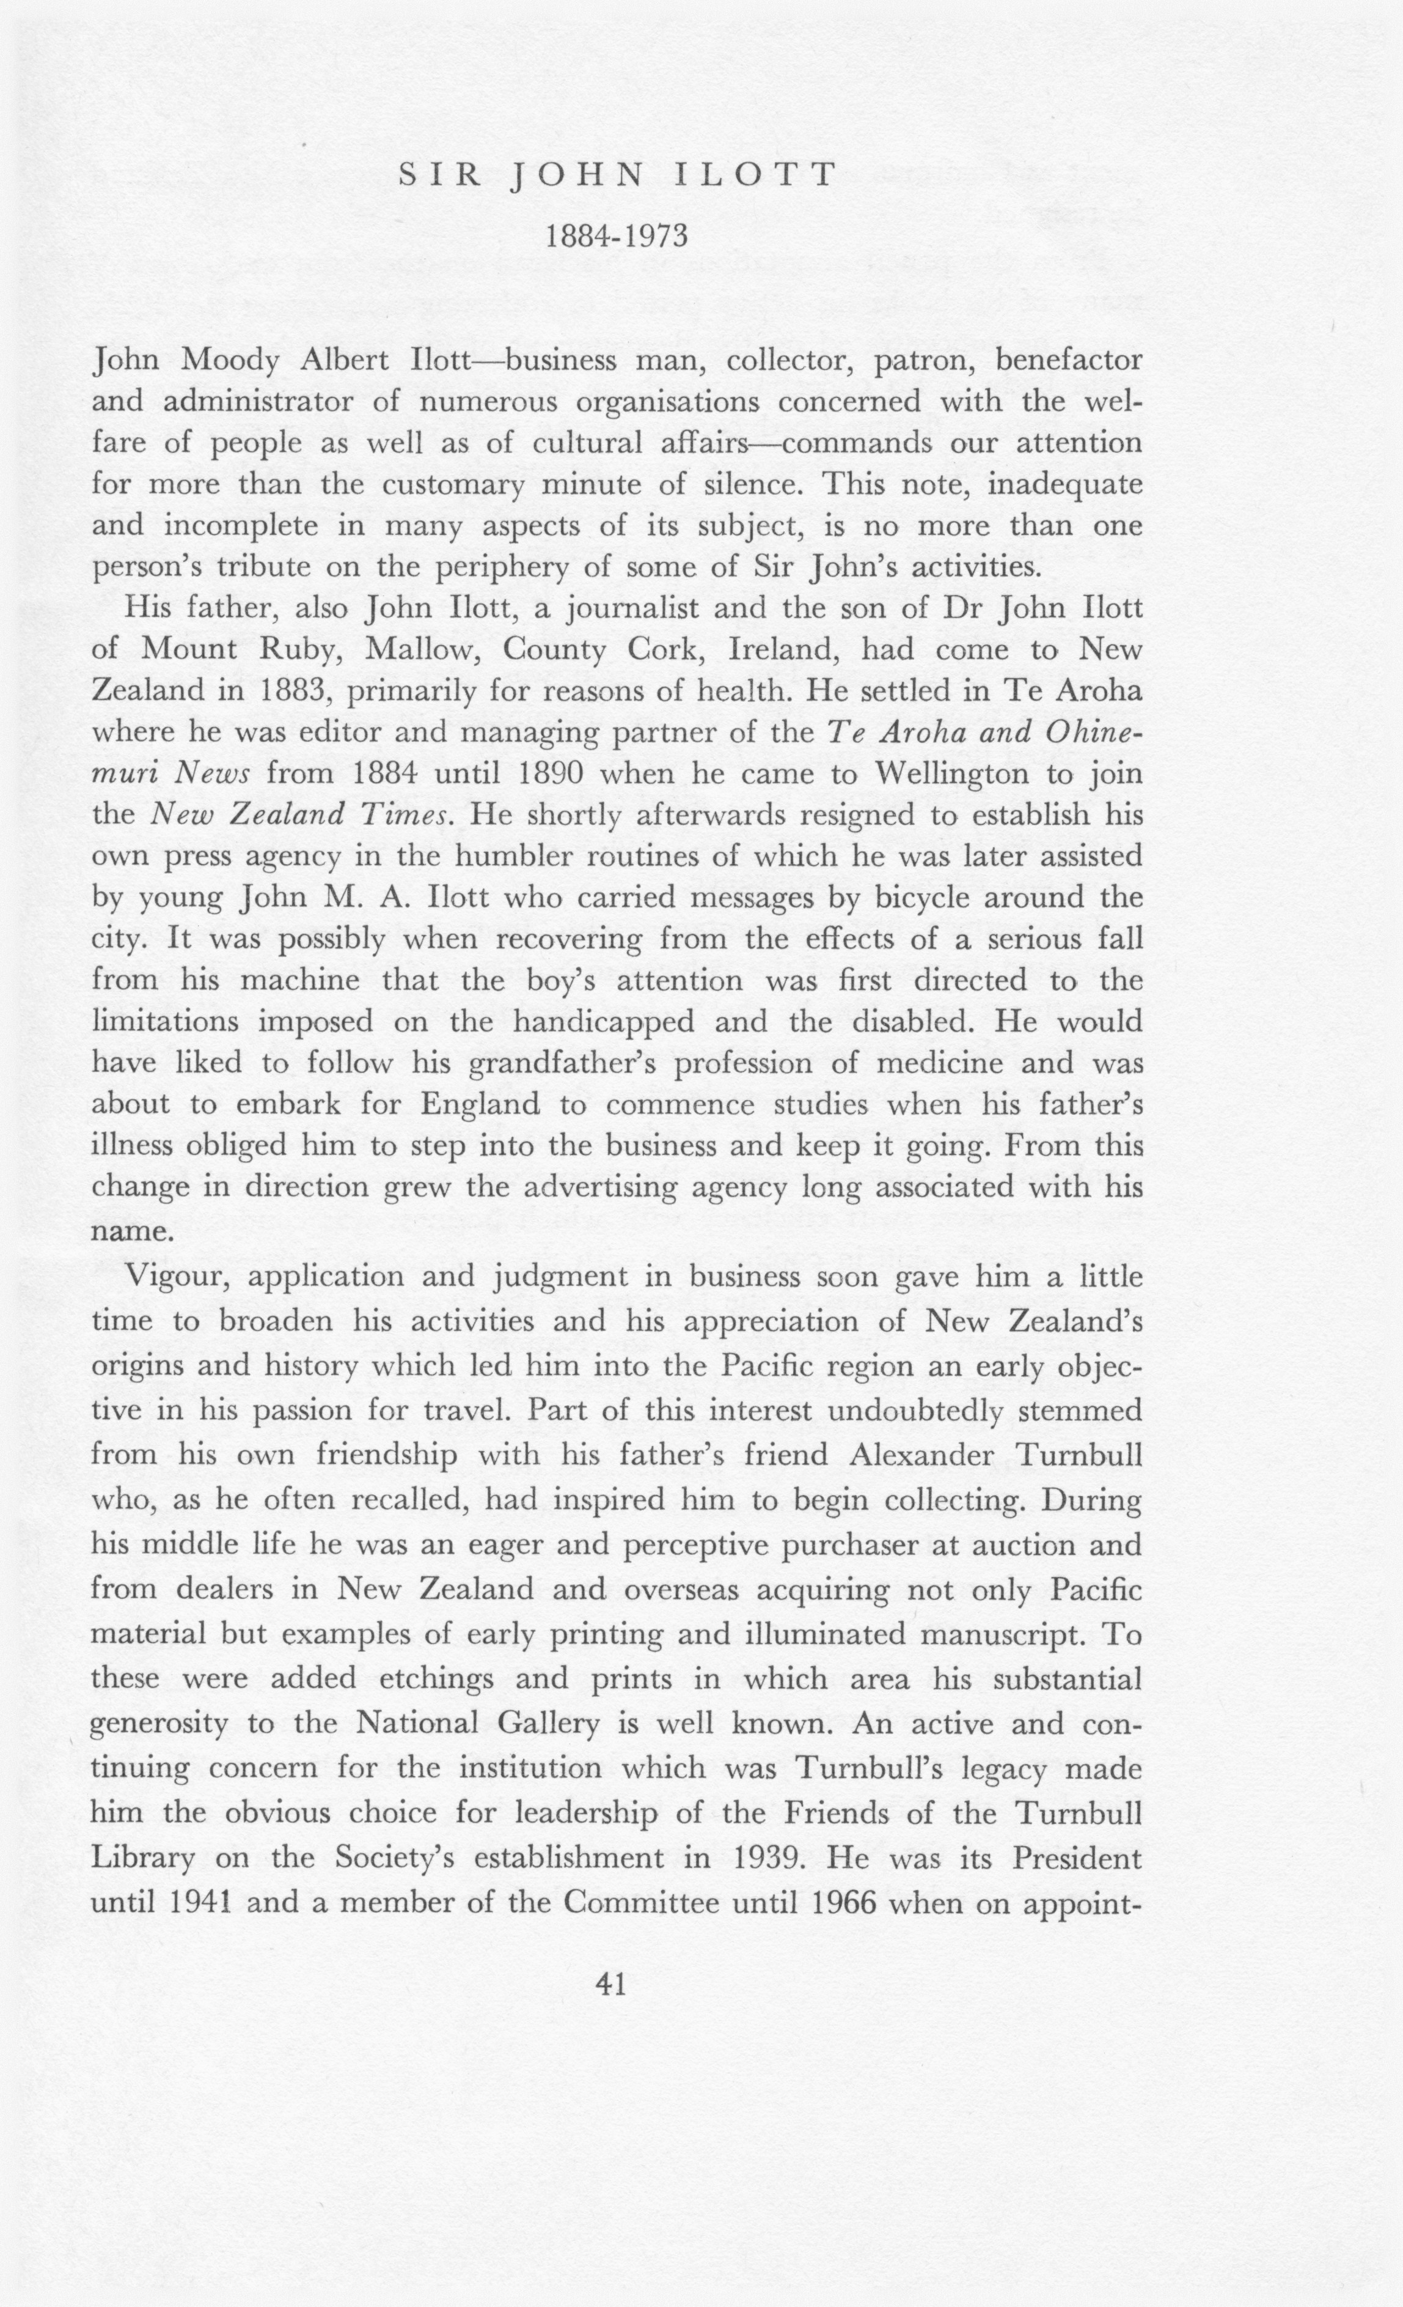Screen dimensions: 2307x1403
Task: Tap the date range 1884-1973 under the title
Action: coord(617,236)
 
